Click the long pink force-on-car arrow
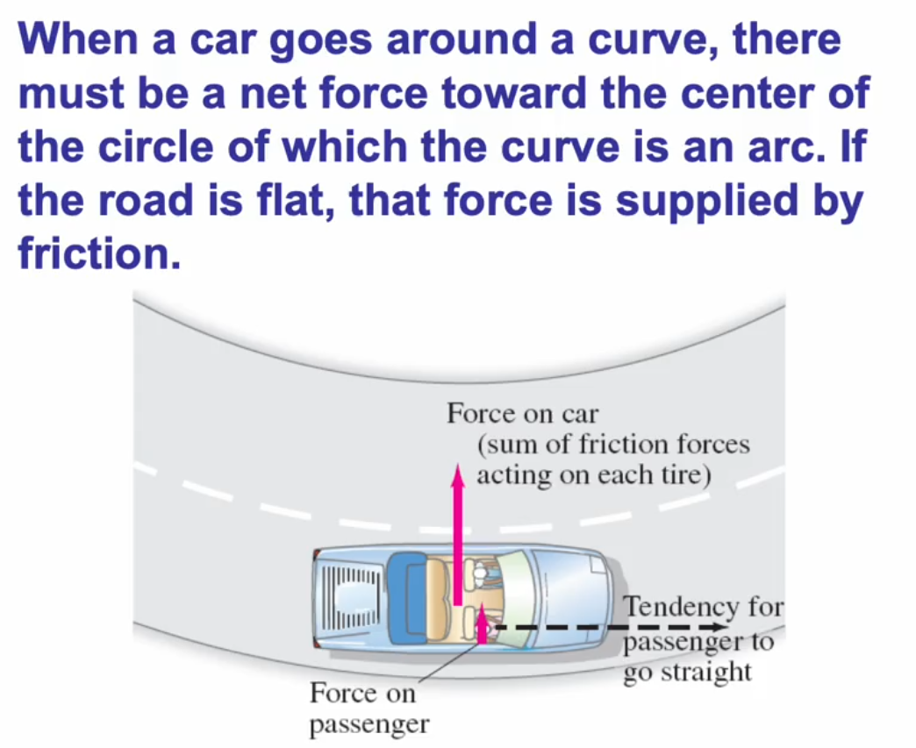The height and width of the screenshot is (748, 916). click(456, 535)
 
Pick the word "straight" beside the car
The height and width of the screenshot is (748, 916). click(709, 673)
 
